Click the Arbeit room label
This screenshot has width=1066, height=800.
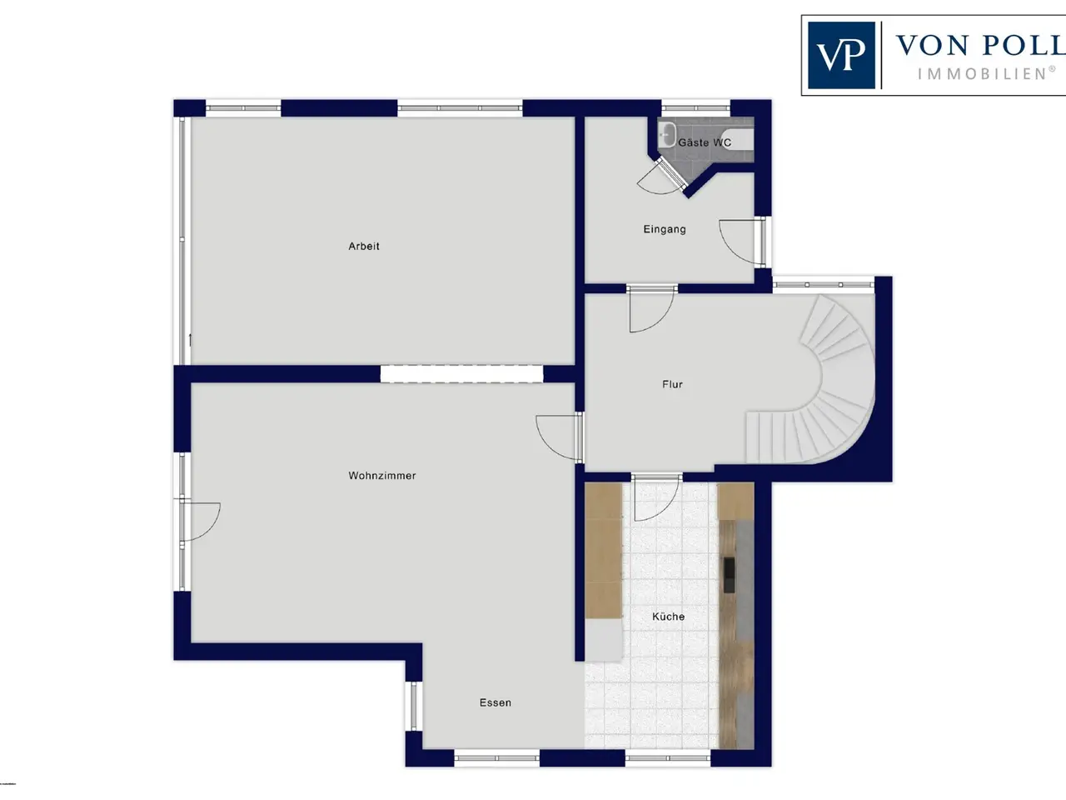(x=364, y=247)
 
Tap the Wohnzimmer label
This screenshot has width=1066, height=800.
(x=382, y=476)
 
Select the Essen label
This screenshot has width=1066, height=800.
(x=496, y=702)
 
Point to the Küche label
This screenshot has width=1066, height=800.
(x=668, y=617)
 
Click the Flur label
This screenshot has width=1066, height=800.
(x=672, y=384)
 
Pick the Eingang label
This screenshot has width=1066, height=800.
(x=665, y=229)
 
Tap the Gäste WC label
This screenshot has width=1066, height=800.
(x=705, y=142)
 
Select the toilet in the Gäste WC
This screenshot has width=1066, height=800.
(x=738, y=140)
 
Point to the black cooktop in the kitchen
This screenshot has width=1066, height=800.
(x=729, y=575)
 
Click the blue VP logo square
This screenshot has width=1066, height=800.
(x=842, y=55)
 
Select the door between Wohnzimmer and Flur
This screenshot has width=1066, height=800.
(x=560, y=437)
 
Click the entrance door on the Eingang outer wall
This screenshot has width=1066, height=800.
(x=743, y=242)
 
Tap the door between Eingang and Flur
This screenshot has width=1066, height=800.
(x=651, y=309)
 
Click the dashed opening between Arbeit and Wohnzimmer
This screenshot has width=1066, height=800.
(x=461, y=374)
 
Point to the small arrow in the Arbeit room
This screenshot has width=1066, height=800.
(x=190, y=340)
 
